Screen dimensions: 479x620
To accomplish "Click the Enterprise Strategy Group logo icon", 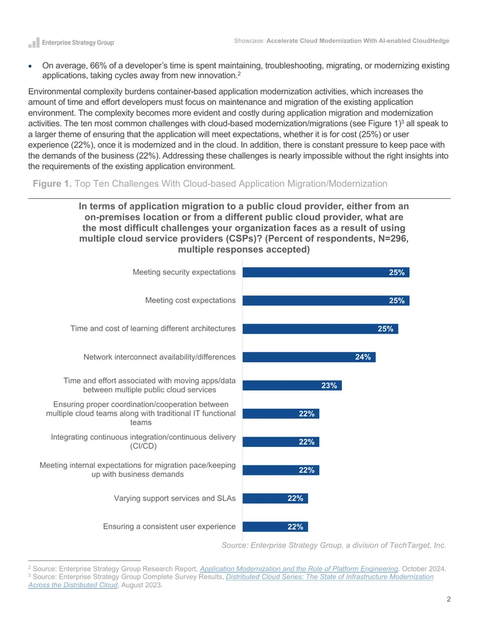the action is [34, 43].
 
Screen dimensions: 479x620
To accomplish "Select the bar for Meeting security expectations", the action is [326, 273].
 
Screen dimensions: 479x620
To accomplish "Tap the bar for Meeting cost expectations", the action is [326, 301].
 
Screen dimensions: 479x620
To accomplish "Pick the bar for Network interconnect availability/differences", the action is [309, 357].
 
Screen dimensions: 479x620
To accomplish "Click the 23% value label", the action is [329, 386].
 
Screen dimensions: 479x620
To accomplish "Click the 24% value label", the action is [363, 357].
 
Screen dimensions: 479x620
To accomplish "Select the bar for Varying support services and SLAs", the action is [275, 498].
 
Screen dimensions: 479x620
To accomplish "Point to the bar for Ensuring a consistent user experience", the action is [275, 527].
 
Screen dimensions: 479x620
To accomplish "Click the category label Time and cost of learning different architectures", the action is [153, 329].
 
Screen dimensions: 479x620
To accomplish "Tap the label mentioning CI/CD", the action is [143, 441].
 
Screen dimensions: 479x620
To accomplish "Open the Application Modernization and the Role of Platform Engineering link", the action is [299, 568].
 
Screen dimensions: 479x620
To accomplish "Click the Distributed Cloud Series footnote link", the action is [231, 581].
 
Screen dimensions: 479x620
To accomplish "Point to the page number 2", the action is [448, 599].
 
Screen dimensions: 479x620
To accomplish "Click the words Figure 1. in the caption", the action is [52, 184].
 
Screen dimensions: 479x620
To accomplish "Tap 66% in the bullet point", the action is [99, 66].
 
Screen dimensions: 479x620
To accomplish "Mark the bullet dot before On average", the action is [30, 66].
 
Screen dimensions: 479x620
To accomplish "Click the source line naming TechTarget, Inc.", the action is [334, 545].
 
